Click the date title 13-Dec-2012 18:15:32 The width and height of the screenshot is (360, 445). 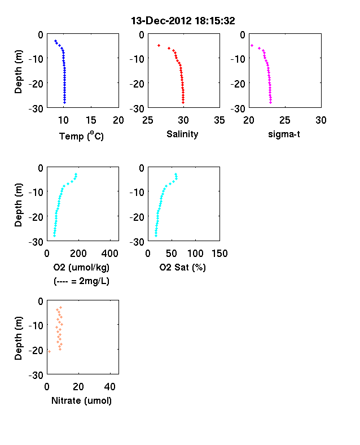tap(183, 21)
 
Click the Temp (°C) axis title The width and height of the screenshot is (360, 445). tap(81, 136)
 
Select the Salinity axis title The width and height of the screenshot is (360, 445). tap(182, 134)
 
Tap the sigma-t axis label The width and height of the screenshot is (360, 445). tap(284, 134)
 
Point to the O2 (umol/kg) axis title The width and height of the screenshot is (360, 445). tap(81, 267)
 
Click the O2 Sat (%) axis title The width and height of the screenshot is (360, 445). tap(183, 267)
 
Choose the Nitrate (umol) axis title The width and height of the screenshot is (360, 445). tap(81, 401)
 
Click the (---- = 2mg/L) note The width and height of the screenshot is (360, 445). tap(81, 281)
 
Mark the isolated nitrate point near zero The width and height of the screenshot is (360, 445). tap(49, 352)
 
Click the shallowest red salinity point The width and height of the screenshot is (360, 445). tap(159, 45)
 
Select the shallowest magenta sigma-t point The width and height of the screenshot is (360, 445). tap(252, 45)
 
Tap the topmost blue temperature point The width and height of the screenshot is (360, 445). tap(55, 41)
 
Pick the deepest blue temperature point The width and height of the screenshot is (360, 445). tap(65, 102)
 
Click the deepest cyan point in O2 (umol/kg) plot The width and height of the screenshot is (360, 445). tap(54, 235)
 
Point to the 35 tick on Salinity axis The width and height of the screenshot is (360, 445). tap(219, 120)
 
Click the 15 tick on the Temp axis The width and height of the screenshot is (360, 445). tap(91, 120)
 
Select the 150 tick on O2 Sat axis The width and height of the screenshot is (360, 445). tap(219, 254)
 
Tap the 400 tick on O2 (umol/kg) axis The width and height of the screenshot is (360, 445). tap(110, 254)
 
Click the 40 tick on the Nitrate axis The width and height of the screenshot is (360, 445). tap(110, 386)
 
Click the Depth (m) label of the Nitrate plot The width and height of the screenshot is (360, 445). tap(18, 338)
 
